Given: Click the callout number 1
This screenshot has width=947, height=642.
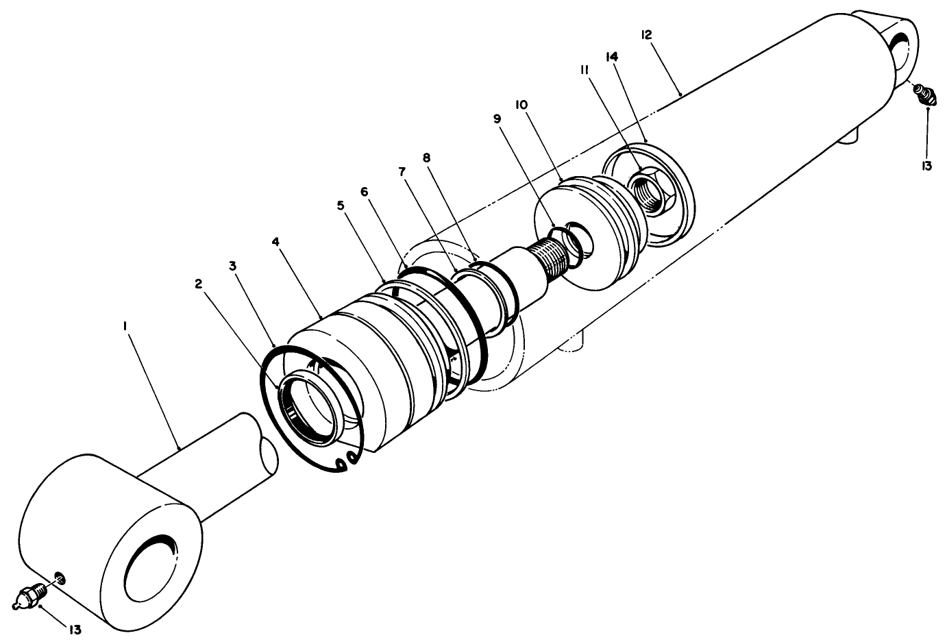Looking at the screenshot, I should pos(125,328).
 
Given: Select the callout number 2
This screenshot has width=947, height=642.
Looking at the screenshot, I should pos(198,283).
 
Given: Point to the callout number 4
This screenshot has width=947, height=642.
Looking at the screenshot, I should pos(275,242).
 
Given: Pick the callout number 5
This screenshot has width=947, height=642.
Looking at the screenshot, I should pos(341,205).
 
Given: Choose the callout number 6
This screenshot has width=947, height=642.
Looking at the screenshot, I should pos(364,192).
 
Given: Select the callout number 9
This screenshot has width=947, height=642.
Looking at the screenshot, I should pos(497,119).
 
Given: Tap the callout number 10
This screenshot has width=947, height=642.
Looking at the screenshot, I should pos(521,104).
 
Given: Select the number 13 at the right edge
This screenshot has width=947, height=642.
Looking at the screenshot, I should pos(926,166).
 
